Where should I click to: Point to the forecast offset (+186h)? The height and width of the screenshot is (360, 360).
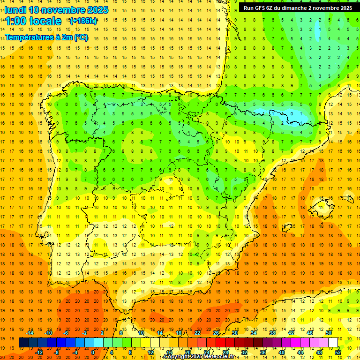pos(83,21)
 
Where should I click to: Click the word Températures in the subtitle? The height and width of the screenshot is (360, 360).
pos(28,37)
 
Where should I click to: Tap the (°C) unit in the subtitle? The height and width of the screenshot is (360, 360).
pos(80,37)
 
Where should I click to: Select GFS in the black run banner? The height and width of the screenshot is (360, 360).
pos(262,8)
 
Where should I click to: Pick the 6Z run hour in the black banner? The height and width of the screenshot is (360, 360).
pos(273,8)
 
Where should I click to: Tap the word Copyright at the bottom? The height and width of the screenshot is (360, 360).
pos(178,357)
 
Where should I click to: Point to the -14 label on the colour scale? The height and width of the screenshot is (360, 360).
pos(30,333)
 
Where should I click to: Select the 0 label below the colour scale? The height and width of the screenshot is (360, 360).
pos(92,352)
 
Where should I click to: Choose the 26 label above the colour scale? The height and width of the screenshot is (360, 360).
pos(216,333)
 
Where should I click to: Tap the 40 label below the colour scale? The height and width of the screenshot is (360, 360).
pos(282,352)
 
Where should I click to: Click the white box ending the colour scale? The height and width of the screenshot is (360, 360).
pos(333,343)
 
